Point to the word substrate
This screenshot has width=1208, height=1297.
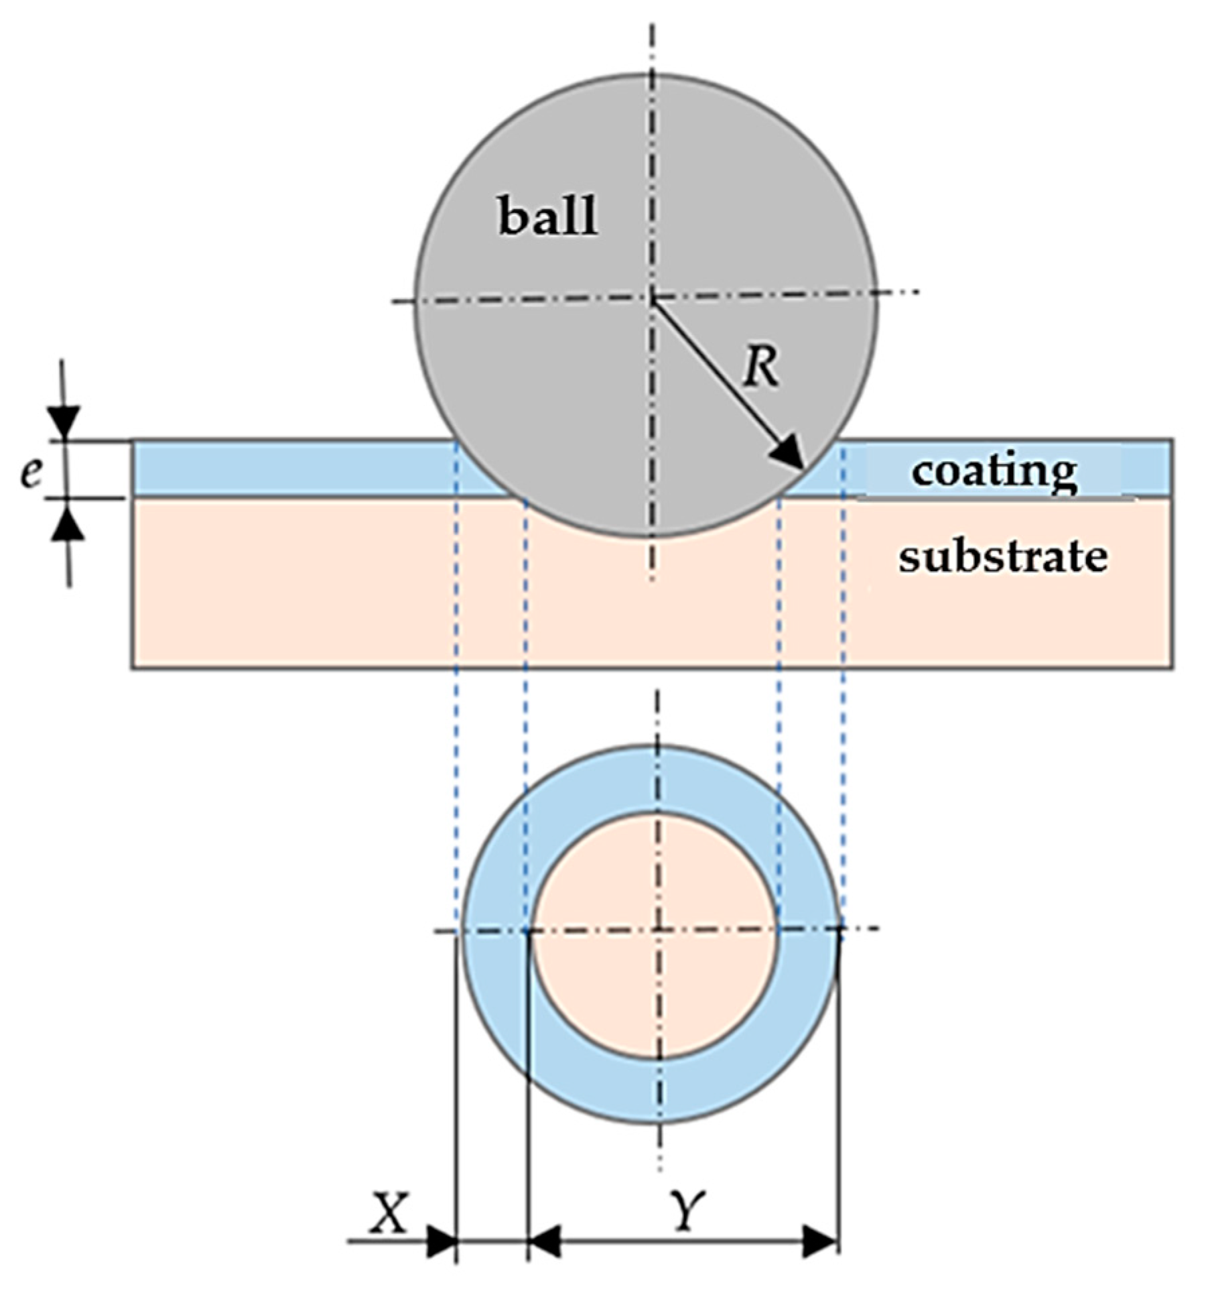click(1002, 556)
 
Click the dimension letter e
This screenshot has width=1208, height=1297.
click(31, 473)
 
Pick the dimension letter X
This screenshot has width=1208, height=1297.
click(389, 1211)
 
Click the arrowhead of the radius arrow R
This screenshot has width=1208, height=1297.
click(789, 455)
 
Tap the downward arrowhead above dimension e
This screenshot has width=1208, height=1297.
click(64, 421)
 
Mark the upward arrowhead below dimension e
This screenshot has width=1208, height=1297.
click(68, 522)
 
